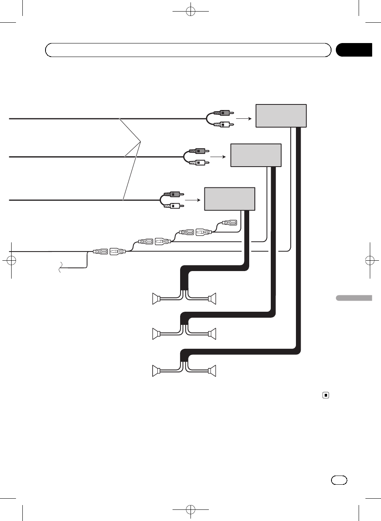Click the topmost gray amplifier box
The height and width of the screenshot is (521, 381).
pos(281,116)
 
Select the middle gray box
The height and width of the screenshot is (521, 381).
pos(256,155)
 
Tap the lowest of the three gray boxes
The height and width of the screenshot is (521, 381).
pos(230,199)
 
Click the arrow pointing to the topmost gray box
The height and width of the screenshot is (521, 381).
pos(244,118)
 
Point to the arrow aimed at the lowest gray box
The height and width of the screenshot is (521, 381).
pos(193,200)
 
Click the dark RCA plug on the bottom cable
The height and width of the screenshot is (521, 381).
pos(173,195)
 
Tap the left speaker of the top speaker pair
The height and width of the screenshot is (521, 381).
pos(156,299)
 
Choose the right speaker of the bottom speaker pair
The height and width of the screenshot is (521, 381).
pos(212,371)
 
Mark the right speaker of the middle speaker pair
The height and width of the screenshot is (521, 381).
pos(212,334)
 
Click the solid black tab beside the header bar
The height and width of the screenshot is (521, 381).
pos(354,50)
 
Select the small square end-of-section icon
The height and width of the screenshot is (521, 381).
pos(326,395)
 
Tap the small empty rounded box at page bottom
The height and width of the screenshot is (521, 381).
pos(339,480)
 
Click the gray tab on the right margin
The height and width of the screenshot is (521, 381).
pos(354,298)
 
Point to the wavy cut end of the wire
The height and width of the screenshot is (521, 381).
pos(60,267)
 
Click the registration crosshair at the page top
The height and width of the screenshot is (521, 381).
pos(191,11)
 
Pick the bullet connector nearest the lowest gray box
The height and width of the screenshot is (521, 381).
pos(230,223)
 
